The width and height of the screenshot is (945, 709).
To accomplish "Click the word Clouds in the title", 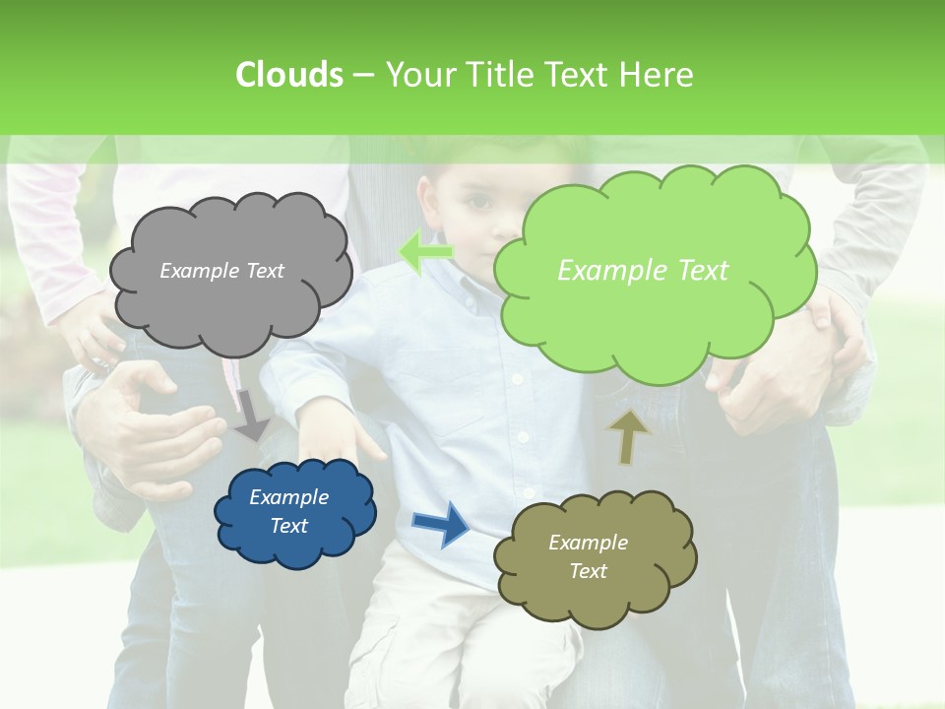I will (x=288, y=75).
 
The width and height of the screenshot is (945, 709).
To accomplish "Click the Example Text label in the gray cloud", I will (x=221, y=271).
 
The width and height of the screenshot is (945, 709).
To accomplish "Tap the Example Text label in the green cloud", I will (x=643, y=271).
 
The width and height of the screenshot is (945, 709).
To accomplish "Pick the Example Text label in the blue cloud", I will (x=288, y=511).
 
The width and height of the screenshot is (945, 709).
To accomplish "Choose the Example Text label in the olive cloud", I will (x=588, y=556).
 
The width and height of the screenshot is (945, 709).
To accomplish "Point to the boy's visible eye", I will (x=479, y=203).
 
